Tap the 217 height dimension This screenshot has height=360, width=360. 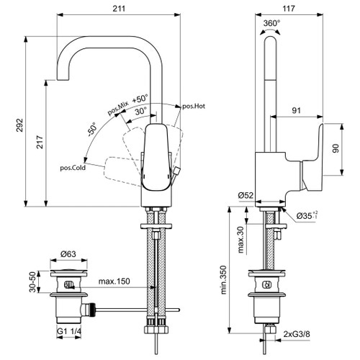[40, 142]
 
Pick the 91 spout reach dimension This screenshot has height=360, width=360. [295, 110]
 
